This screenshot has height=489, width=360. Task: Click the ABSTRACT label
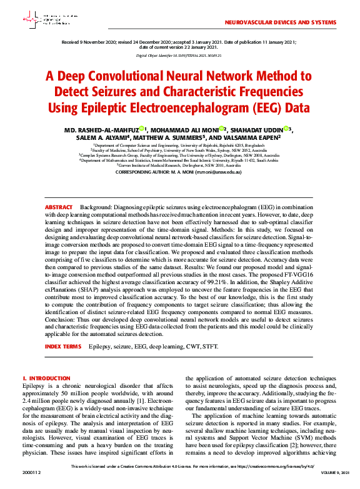[59, 207]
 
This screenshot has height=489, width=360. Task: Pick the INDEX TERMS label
[63, 346]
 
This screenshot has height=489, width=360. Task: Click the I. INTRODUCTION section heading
[46, 378]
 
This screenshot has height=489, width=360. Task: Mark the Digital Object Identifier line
[179, 56]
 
